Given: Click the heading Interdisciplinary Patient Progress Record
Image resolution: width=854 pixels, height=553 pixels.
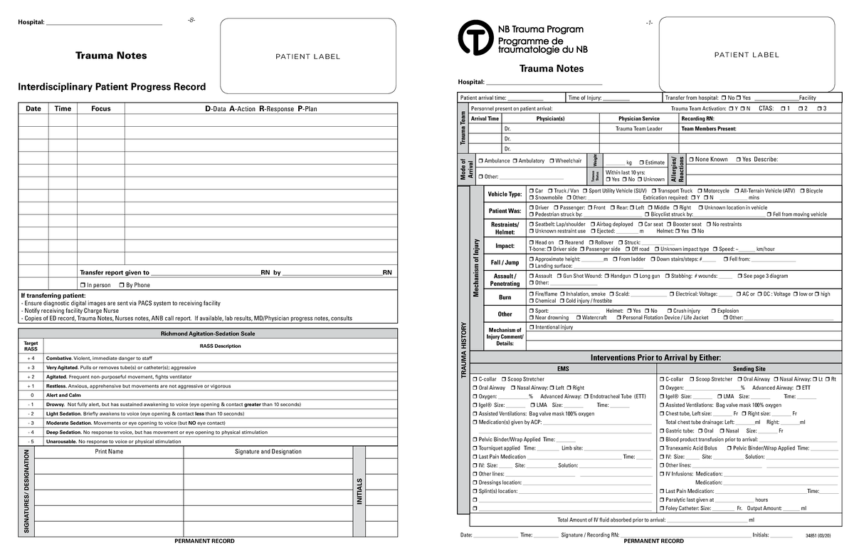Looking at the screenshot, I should (112, 87).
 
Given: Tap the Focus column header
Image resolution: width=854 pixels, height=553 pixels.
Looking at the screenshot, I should (100, 109).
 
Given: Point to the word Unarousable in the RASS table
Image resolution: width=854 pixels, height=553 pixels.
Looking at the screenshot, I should (61, 442).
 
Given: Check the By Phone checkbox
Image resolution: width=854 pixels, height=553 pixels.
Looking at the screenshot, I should (122, 285).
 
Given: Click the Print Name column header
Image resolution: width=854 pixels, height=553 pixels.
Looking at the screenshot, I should (109, 452).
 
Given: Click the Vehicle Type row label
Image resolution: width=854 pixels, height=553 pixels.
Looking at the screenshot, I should (505, 195).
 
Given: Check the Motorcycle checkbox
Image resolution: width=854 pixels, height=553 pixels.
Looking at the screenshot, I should (700, 191).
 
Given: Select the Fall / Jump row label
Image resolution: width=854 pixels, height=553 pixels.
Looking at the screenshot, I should (505, 263).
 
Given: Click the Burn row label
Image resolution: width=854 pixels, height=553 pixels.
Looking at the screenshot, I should (505, 297).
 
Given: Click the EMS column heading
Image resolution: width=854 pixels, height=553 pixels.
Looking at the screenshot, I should (563, 369).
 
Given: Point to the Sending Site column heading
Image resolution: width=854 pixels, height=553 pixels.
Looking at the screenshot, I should (749, 369).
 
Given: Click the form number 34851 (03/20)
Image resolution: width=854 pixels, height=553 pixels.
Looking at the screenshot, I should (818, 535).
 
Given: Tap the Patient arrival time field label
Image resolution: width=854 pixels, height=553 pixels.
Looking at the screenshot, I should (483, 98).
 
